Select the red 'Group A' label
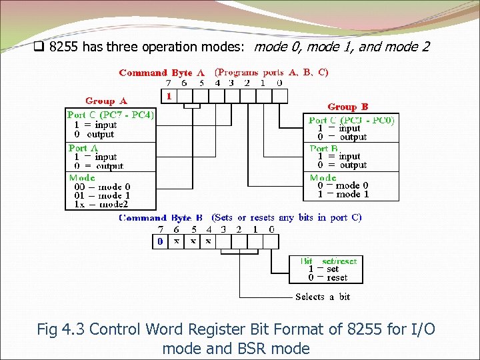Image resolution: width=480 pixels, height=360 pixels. [x=106, y=101]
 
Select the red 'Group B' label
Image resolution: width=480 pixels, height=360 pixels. [x=347, y=107]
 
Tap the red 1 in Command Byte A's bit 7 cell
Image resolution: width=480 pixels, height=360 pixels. [x=169, y=97]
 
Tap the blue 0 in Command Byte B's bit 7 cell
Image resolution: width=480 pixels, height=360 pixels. [x=161, y=241]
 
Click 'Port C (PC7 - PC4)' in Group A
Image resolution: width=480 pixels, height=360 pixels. [x=111, y=115]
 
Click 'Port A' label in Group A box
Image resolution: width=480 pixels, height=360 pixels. [x=83, y=147]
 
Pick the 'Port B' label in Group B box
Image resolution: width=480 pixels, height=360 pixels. [x=324, y=148]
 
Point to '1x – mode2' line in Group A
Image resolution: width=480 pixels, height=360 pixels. [x=99, y=205]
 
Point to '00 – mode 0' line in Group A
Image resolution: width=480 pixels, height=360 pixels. [x=99, y=187]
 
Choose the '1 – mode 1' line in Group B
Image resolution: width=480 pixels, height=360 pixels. [x=343, y=195]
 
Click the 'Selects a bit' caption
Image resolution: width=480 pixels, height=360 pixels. [x=323, y=297]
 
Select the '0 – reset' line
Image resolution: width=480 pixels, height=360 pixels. [x=327, y=278]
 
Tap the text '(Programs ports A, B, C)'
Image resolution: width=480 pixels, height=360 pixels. [x=271, y=73]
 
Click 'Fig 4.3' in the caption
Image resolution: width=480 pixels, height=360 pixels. [x=61, y=329]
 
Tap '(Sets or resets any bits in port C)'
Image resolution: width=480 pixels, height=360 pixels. [x=287, y=218]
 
